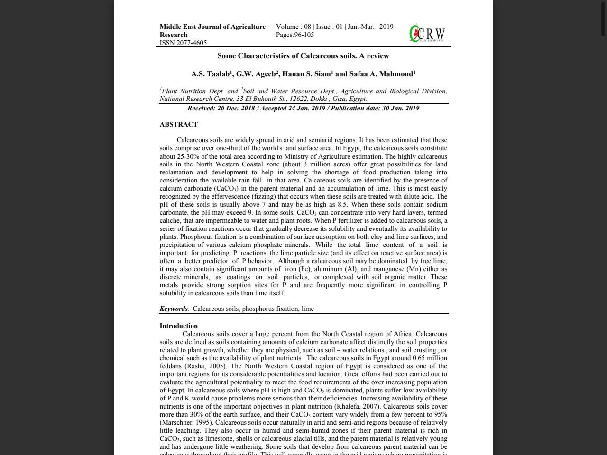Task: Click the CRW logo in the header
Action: point(427,34)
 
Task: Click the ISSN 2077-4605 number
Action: point(183,43)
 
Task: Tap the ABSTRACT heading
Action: point(178,124)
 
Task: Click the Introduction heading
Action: point(178,326)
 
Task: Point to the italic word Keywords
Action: point(174,309)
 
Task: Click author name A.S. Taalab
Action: point(211,74)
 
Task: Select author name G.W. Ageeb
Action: point(256,74)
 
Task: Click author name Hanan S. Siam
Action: point(306,74)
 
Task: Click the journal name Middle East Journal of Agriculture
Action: point(212,27)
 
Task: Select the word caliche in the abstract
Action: point(170,220)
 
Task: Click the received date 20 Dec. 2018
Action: point(235,108)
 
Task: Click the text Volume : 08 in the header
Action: point(293,27)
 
